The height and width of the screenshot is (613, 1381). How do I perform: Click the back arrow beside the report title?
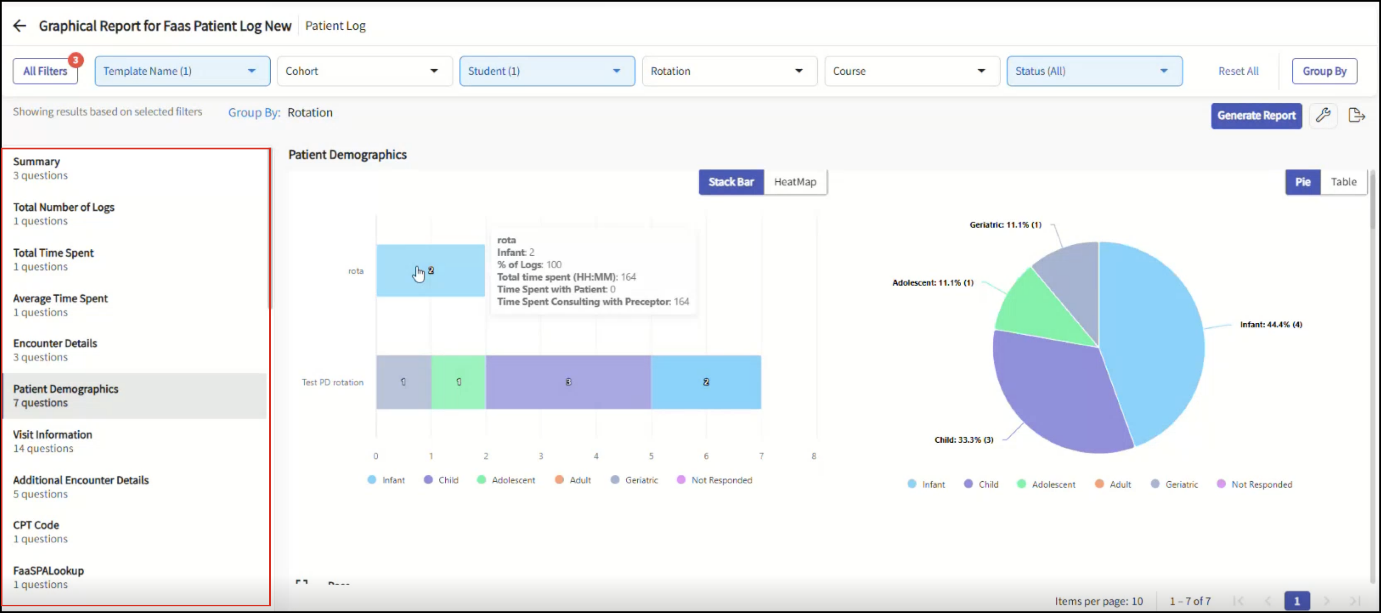(x=19, y=26)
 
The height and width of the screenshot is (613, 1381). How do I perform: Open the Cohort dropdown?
(x=365, y=71)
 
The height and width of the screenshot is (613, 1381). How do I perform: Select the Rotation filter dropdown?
(x=729, y=71)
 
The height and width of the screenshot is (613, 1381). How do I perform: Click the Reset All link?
(x=1238, y=71)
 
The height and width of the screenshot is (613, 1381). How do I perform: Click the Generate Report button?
(x=1256, y=115)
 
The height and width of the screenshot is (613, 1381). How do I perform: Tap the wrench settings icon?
(x=1322, y=115)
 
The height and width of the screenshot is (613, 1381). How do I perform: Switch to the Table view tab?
(x=1344, y=182)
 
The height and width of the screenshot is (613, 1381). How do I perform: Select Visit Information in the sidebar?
(x=53, y=441)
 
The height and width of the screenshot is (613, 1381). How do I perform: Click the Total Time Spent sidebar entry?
(x=53, y=259)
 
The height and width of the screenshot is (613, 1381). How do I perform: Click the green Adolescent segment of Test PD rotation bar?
(x=458, y=382)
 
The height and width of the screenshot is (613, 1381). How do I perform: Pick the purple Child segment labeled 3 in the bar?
(x=568, y=382)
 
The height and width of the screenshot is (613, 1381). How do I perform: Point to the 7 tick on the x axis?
(x=761, y=456)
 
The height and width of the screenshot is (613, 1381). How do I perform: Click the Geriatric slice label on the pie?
(x=1005, y=224)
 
